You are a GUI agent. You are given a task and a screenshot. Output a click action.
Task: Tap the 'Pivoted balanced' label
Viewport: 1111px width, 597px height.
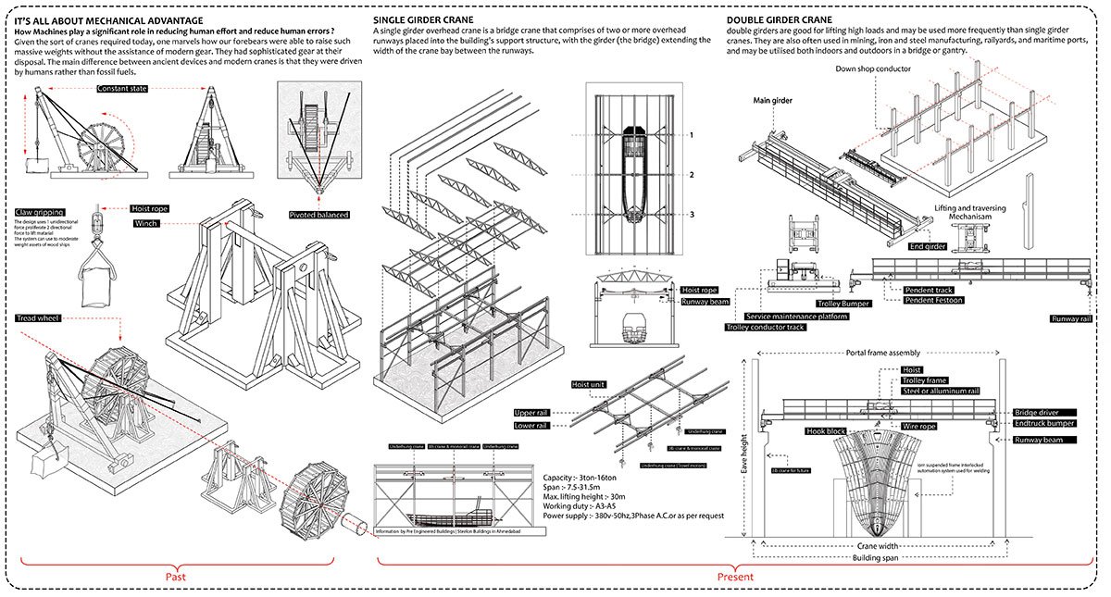coord(319,215)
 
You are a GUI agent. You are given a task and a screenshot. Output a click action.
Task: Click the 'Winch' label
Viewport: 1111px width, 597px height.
coord(146,224)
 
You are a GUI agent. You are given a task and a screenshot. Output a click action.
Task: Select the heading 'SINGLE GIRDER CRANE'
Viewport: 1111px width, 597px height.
coord(424,19)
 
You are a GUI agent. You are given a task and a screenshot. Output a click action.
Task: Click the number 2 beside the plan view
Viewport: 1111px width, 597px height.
coord(691,174)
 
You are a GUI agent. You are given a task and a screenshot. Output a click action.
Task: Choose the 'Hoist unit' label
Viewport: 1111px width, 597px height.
coord(588,384)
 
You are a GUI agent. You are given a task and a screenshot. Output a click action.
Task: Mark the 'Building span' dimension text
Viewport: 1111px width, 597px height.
coord(874,559)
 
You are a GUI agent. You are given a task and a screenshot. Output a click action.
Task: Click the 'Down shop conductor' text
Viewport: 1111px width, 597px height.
coord(873,68)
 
